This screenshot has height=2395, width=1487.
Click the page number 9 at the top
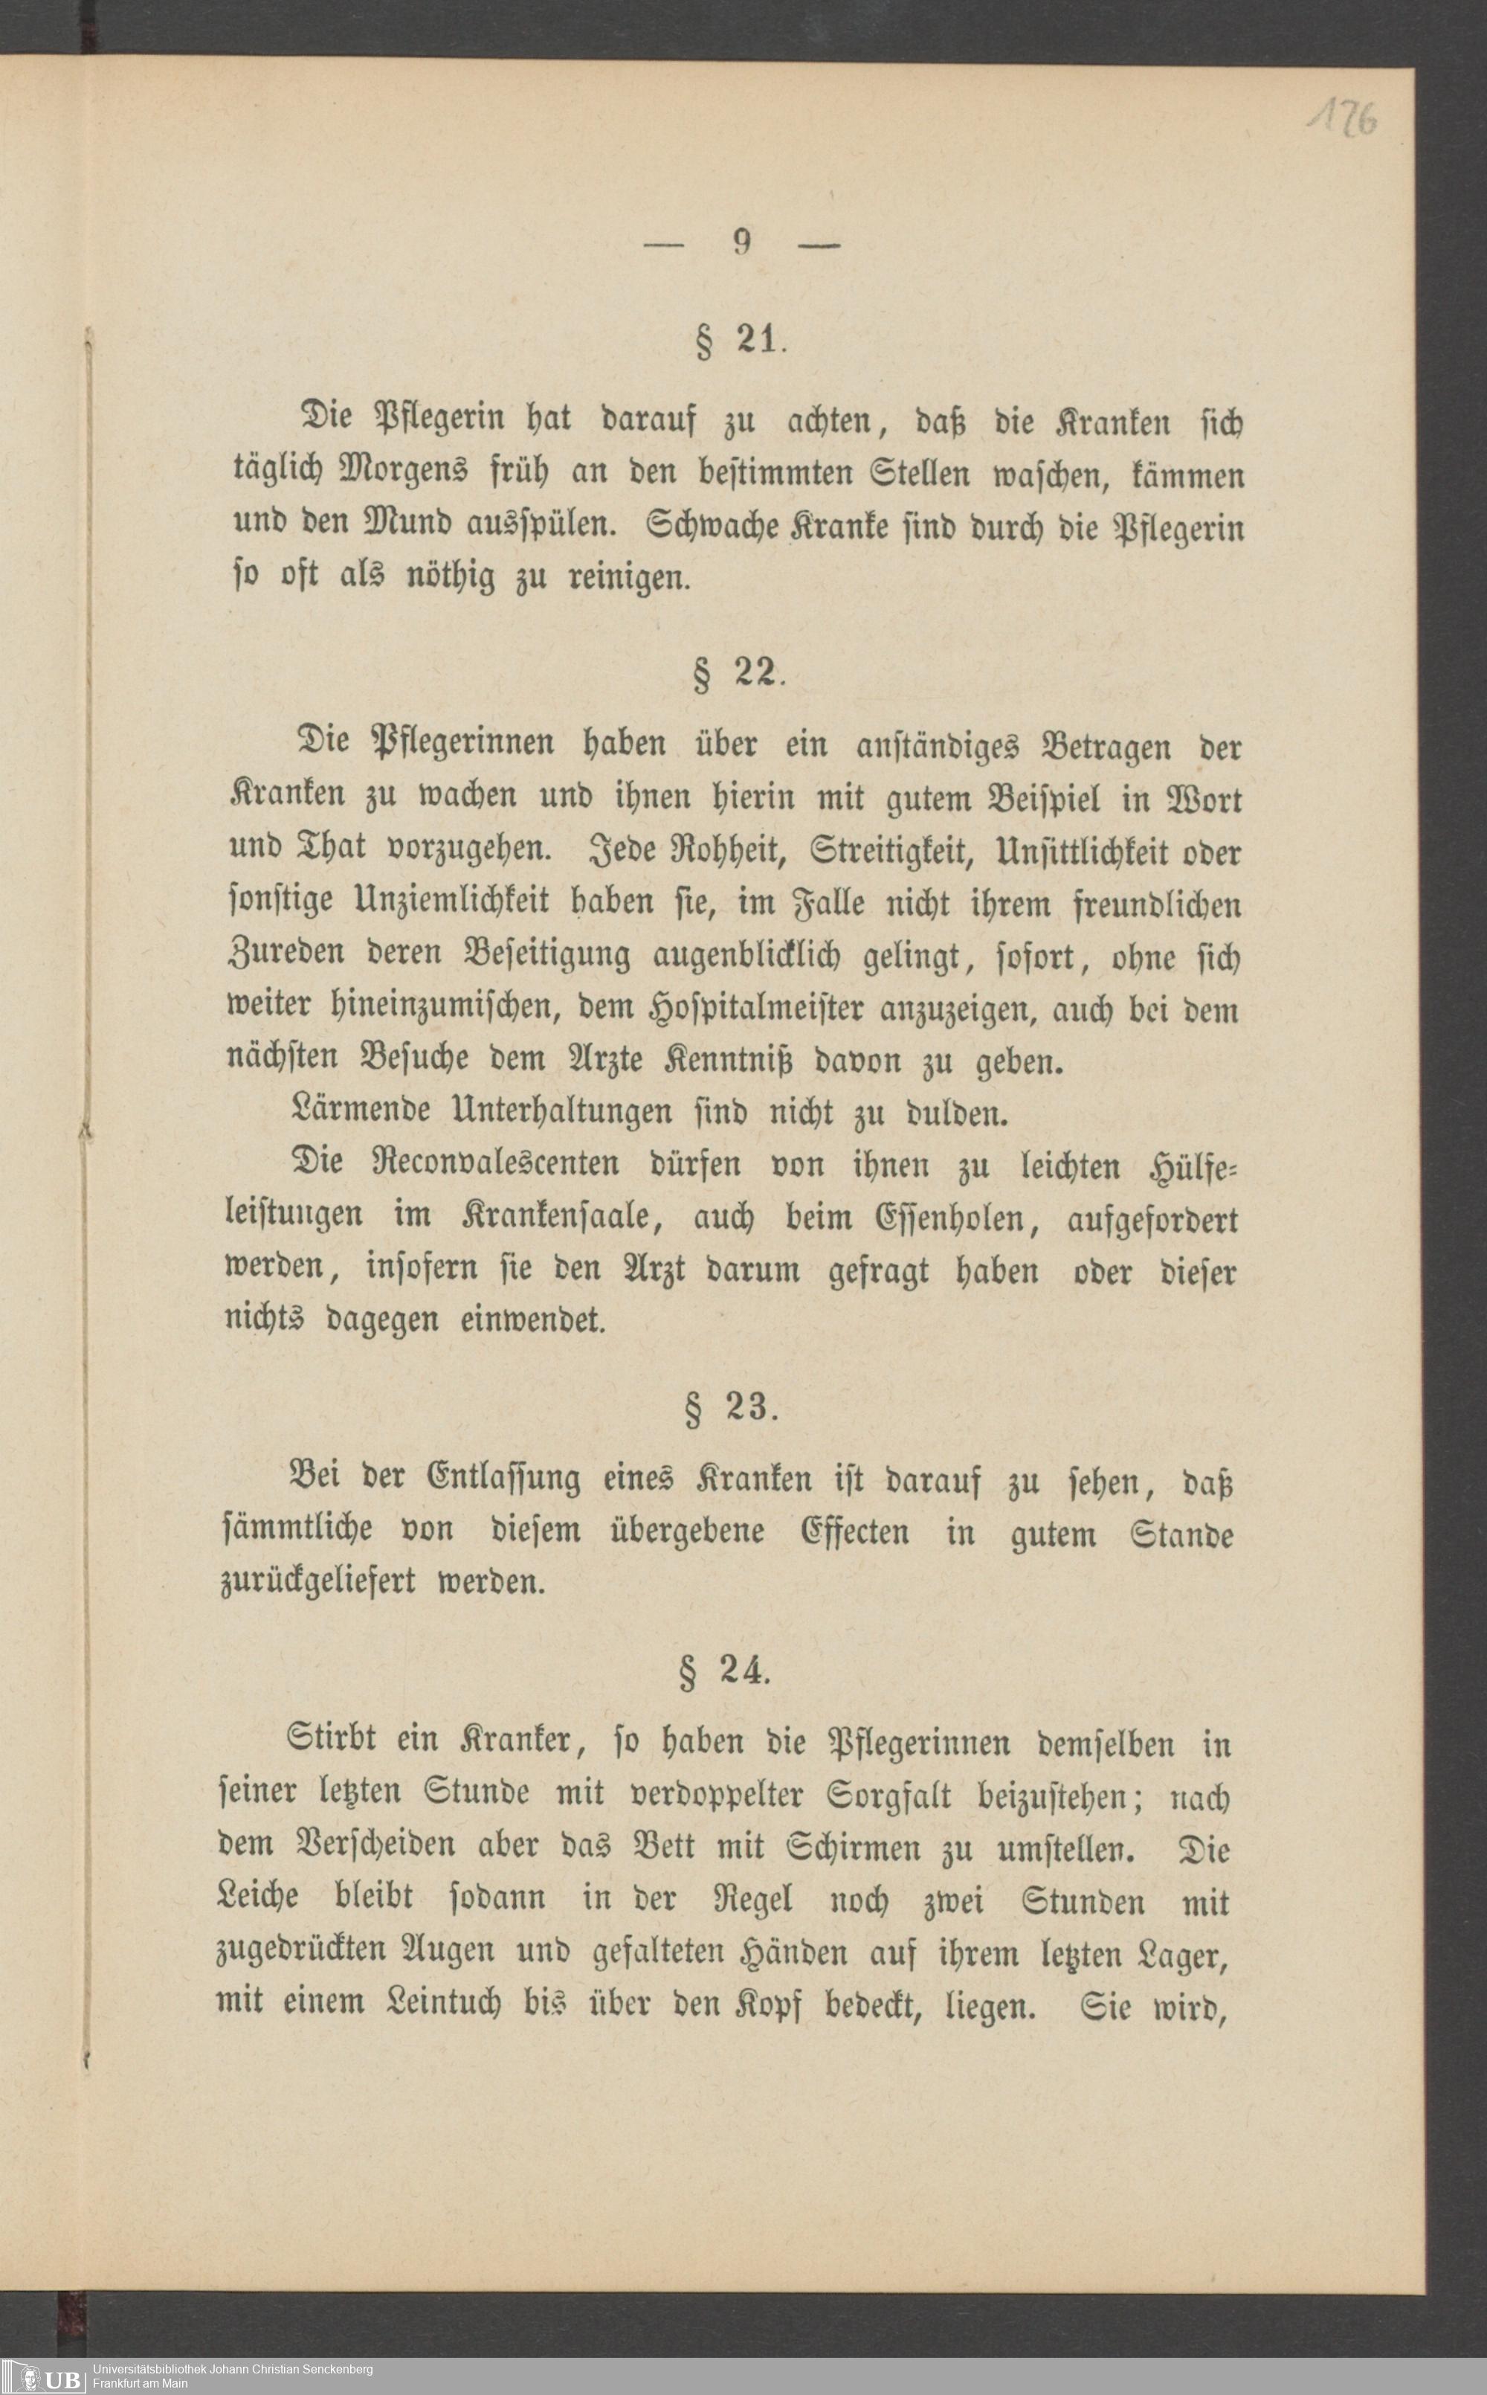click(743, 242)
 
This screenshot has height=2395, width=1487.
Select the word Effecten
click(854, 1531)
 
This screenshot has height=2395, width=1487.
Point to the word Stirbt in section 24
click(333, 1742)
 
